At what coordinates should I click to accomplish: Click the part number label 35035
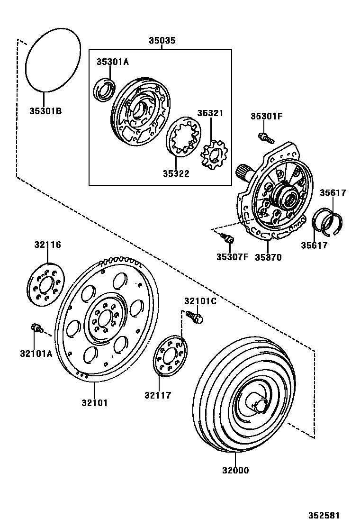tap(162, 41)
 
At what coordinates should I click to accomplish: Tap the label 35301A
tap(113, 62)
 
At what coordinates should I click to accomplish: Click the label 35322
tap(176, 174)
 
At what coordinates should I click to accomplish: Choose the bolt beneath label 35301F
tap(266, 138)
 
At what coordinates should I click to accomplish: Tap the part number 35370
tap(268, 257)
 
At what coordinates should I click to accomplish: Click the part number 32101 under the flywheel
tap(94, 403)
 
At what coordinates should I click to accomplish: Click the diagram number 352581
tap(325, 516)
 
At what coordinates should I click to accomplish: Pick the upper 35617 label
tap(333, 193)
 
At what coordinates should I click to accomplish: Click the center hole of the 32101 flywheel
tap(104, 319)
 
